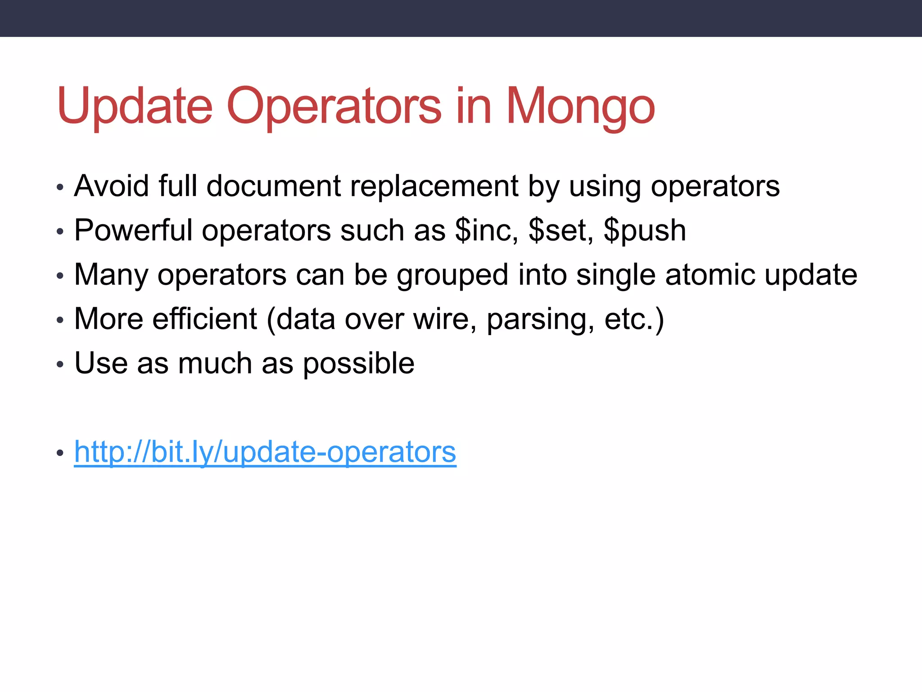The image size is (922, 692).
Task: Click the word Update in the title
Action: (x=134, y=106)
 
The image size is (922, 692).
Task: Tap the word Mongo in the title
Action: (x=580, y=106)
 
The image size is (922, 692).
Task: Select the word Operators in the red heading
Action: (x=334, y=106)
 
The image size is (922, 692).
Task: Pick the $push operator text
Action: (x=645, y=230)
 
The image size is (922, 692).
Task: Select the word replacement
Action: (x=434, y=186)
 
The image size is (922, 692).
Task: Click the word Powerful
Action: (x=133, y=230)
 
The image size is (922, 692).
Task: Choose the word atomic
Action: (x=710, y=274)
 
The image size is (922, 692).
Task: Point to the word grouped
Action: (x=452, y=274)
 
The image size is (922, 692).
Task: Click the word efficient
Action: (x=204, y=319)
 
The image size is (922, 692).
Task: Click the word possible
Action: (x=358, y=363)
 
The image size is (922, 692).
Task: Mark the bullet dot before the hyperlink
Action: (x=60, y=453)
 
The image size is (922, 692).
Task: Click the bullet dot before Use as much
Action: (x=60, y=364)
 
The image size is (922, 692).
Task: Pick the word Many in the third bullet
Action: (x=111, y=274)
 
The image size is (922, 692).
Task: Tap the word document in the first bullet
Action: (x=273, y=186)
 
